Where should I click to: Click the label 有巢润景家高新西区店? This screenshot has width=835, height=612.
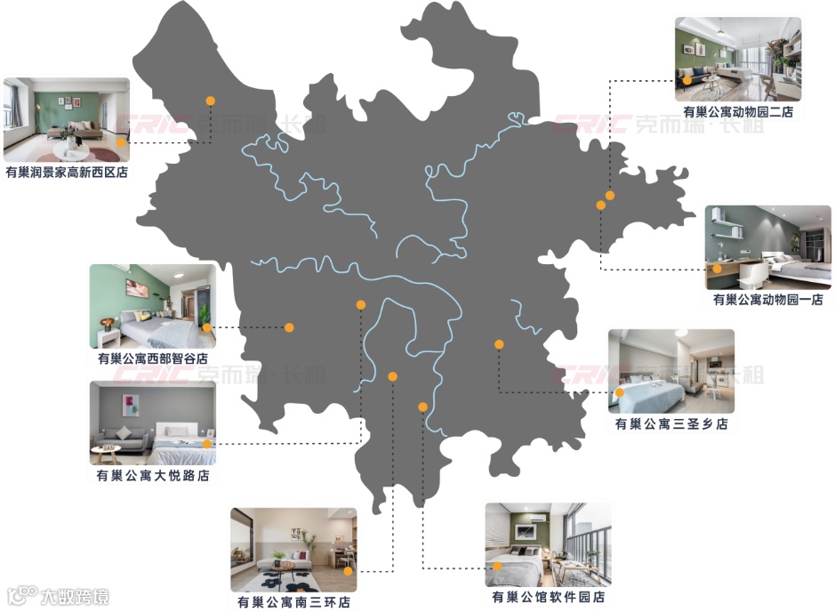click(66, 173)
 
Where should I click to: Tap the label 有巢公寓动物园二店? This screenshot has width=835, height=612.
click(738, 112)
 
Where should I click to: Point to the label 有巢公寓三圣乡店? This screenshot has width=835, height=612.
click(671, 424)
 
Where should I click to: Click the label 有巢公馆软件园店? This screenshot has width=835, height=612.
click(548, 598)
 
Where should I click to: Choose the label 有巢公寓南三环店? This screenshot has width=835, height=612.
click(293, 602)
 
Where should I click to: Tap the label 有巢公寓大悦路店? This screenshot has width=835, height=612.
click(153, 476)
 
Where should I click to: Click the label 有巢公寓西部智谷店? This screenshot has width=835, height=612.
click(153, 359)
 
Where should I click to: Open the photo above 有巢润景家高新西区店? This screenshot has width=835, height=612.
click(67, 119)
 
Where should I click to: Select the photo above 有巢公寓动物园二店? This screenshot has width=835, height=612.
click(737, 58)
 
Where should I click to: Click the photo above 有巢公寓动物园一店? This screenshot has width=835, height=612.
click(767, 247)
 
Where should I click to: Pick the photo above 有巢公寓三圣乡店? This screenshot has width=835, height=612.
click(671, 371)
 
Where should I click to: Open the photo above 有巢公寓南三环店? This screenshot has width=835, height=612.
click(293, 550)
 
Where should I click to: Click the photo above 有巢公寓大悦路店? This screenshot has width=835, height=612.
click(153, 423)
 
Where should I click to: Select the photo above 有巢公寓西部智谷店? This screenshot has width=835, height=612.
click(153, 305)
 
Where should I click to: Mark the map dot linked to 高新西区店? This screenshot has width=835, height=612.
click(211, 101)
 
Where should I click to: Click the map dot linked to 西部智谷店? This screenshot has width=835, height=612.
click(289, 327)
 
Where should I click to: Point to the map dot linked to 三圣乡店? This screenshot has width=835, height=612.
click(499, 343)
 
